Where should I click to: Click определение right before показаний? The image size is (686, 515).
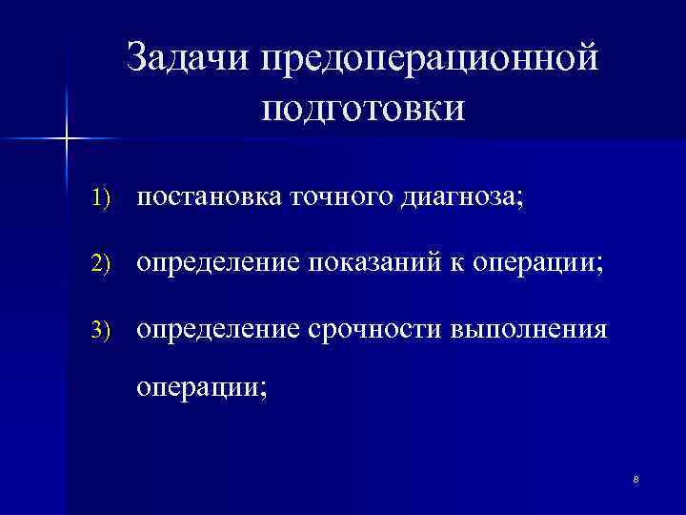(x=218, y=263)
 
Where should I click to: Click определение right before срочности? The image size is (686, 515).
(x=218, y=329)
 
